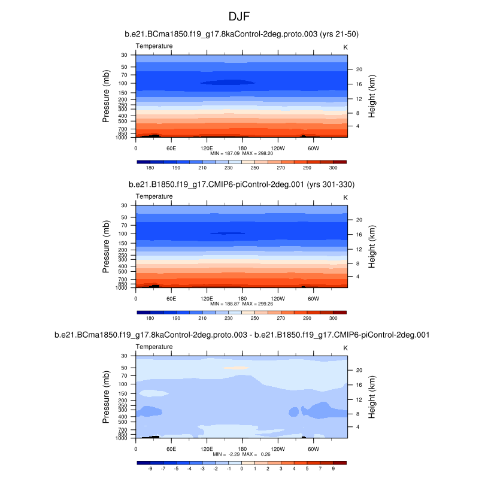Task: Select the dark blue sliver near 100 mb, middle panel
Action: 228,233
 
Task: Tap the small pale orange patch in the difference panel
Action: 239,368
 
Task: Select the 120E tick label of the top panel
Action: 207,147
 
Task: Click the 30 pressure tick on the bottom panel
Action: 124,356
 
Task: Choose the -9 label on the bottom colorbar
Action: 150,469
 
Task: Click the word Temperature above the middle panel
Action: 155,196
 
